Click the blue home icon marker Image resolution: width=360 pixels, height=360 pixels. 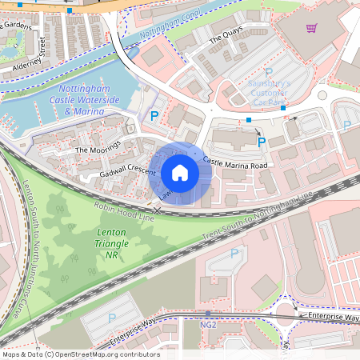pyautogui.click(x=180, y=173)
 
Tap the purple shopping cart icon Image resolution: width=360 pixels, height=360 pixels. pyautogui.click(x=311, y=28)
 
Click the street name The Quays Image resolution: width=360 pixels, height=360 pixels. pyautogui.click(x=225, y=37)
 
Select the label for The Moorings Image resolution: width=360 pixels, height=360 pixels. pyautogui.click(x=97, y=148)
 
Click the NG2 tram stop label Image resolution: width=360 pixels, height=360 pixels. pyautogui.click(x=209, y=326)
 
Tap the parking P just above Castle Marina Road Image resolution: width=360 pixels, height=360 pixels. pyautogui.click(x=262, y=142)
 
